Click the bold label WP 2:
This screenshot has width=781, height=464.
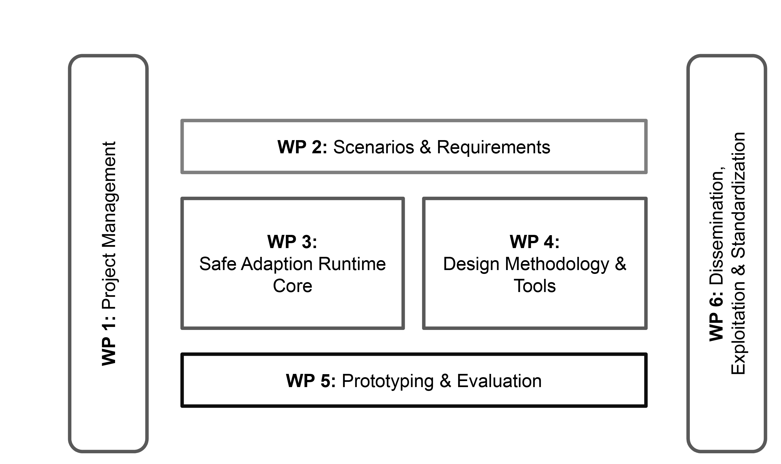pos(302,147)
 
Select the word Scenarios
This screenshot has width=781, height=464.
pos(373,147)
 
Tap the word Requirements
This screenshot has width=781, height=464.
pos(493,148)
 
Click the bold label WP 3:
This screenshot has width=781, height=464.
pos(292,242)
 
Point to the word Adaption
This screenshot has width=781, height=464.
pos(277,265)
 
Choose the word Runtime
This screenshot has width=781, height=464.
pos(352,264)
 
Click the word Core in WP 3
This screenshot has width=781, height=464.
pos(292,286)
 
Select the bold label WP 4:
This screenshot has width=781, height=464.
pos(535,242)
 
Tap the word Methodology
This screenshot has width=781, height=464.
pos(557,265)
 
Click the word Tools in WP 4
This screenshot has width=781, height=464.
pos(535,286)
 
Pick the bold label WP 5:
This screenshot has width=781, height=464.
pos(311,381)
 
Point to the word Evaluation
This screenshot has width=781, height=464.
pos(499,381)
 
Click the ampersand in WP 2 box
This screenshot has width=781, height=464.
pos(425,147)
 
